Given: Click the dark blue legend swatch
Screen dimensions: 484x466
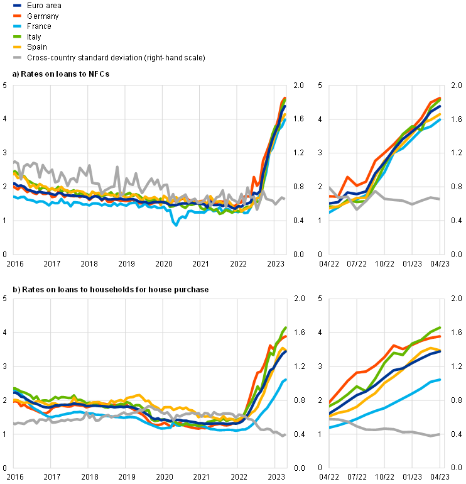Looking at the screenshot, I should click(x=18, y=5).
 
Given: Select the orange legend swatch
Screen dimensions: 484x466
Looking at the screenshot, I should click(x=18, y=16).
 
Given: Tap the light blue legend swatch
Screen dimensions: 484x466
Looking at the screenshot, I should click(x=18, y=26).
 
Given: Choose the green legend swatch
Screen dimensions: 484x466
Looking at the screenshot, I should click(x=18, y=36).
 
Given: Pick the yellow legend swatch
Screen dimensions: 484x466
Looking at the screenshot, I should click(x=18, y=47).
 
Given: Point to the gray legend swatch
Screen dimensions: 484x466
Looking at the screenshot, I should click(x=18, y=57).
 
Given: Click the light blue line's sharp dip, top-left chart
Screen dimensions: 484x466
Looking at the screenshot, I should click(x=176, y=224).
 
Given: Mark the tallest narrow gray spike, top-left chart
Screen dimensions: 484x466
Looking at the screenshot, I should click(x=117, y=168).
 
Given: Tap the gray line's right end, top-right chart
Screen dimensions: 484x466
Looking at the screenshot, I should click(x=439, y=200).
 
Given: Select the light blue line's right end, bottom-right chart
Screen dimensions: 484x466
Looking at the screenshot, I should click(x=440, y=379).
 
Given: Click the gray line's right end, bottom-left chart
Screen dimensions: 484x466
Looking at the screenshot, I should click(x=285, y=435).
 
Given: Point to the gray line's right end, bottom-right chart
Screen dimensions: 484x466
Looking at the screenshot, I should click(x=439, y=434).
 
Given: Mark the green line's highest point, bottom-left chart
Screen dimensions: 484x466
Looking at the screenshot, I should click(x=285, y=327).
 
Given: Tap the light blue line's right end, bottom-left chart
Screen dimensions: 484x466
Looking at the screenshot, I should click(x=286, y=379).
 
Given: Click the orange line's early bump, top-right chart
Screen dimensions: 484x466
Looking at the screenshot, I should click(x=349, y=177).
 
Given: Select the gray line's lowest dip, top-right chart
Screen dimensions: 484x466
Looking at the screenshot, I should click(x=357, y=208).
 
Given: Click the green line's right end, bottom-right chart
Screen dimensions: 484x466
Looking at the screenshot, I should click(x=441, y=327).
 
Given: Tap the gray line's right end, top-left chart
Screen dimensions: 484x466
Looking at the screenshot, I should click(x=285, y=199).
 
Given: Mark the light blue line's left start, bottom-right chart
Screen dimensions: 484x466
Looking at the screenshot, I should click(x=330, y=427).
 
